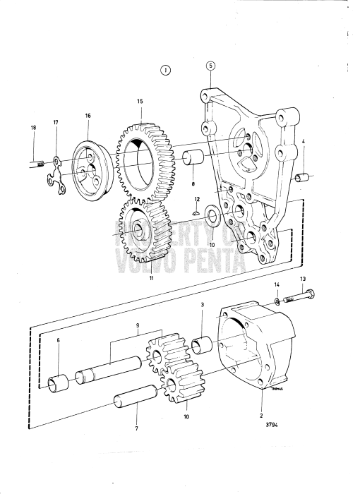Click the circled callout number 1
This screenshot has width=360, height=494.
click(165, 70)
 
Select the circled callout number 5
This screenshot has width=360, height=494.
click(210, 66)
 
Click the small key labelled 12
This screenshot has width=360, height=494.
click(197, 210)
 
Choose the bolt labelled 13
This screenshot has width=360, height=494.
click(296, 300)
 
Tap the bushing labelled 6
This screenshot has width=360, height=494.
click(56, 383)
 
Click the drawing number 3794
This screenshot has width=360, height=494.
click(272, 426)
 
